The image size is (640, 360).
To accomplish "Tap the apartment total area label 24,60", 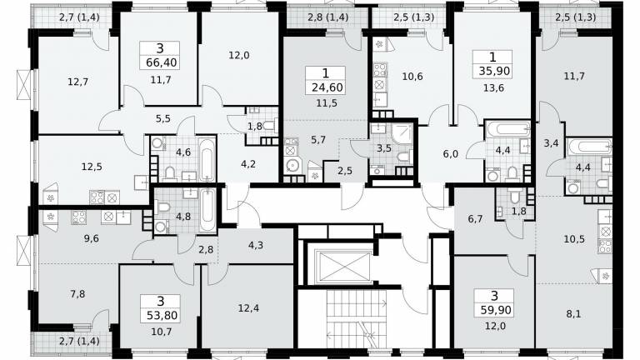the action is (327, 87).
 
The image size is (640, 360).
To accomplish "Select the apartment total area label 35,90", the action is (494, 72).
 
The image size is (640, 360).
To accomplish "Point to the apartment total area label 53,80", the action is (160, 316).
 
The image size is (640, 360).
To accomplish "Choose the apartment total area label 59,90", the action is (496, 310).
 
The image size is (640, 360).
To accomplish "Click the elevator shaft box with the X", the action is (344, 267).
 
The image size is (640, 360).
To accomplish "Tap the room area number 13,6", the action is (493, 88).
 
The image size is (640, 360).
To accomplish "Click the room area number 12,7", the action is (77, 82).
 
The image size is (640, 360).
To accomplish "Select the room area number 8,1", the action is (573, 314).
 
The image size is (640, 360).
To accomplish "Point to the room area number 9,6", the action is (91, 238).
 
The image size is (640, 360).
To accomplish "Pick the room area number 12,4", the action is (248, 308).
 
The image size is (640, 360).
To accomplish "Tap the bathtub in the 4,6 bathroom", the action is (207, 160).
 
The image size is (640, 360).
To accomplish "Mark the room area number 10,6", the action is (412, 77).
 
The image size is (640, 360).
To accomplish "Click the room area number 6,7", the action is (475, 219).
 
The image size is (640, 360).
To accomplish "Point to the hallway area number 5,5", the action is (162, 119).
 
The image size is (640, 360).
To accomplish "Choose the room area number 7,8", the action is (77, 293).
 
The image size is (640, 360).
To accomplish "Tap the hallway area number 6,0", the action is (451, 154).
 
